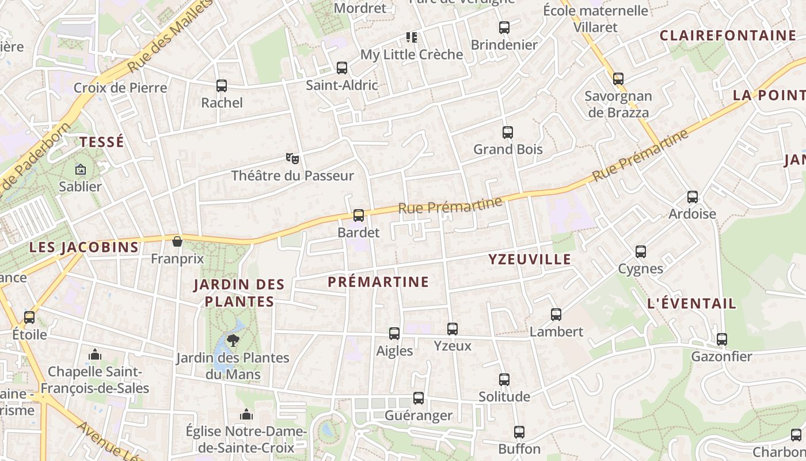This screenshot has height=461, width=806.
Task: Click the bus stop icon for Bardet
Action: [359, 216]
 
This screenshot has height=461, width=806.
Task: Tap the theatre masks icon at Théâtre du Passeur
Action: [292, 158]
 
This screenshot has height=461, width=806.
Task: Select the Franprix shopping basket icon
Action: [177, 241]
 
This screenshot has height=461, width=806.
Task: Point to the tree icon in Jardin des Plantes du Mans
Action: [233, 340]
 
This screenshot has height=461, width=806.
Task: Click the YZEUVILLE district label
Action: [530, 259]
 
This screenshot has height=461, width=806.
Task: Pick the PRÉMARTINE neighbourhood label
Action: [378, 282]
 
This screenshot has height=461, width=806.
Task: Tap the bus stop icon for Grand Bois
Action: [507, 133]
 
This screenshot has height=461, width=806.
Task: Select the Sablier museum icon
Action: [80, 169]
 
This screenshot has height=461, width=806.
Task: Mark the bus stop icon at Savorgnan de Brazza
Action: [618, 78]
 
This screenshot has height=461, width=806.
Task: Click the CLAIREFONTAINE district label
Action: [728, 36]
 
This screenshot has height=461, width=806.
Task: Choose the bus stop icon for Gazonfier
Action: [721, 339]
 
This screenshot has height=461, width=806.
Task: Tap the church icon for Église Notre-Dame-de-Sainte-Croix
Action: [246, 414]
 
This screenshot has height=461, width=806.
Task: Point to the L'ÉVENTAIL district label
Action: [691, 304]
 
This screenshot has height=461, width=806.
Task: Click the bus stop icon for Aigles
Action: [394, 334]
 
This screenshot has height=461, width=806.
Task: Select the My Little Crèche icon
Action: [412, 37]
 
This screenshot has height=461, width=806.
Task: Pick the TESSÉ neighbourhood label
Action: [102, 142]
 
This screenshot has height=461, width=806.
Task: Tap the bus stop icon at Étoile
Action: [29, 317]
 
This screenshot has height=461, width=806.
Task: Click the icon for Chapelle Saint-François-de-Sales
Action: [95, 354]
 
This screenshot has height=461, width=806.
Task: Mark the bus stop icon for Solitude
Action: [504, 380]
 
